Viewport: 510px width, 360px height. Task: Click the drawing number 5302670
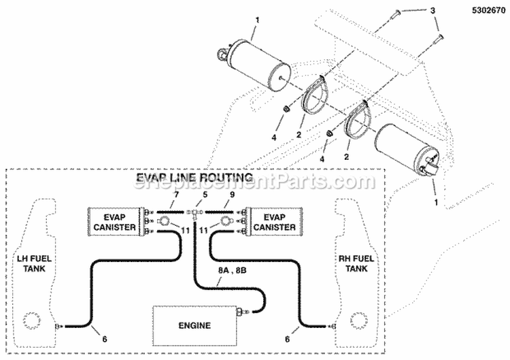pyautogui.click(x=483, y=11)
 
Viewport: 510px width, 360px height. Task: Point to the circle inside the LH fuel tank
pyautogui.click(x=31, y=321)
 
